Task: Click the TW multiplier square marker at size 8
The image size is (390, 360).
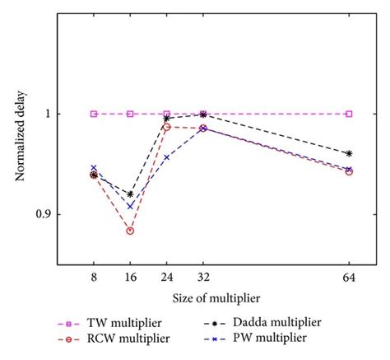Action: (x=94, y=114)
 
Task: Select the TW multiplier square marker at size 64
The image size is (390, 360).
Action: (x=350, y=114)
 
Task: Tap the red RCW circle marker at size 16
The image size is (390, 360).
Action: (x=130, y=231)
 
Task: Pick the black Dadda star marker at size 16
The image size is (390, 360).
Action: (x=130, y=194)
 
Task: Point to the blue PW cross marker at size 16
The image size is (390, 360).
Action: (x=130, y=206)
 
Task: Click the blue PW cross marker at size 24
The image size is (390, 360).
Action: (x=167, y=157)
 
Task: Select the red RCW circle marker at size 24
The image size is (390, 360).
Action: (x=167, y=127)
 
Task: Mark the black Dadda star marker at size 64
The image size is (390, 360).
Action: (x=350, y=154)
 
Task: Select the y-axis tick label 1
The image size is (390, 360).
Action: (x=46, y=114)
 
